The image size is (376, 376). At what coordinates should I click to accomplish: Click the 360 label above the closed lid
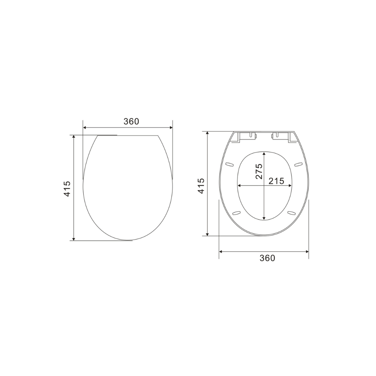[x=131, y=122]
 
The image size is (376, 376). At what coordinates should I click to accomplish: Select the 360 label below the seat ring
[x=267, y=258]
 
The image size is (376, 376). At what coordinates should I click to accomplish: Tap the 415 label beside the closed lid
[x=67, y=188]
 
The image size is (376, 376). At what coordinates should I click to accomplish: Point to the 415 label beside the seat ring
[x=201, y=186]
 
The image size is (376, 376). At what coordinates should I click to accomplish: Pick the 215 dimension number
[x=276, y=181]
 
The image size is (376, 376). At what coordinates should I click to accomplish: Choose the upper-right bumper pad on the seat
[x=298, y=164]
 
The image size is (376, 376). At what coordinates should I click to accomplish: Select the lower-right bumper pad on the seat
[x=291, y=213]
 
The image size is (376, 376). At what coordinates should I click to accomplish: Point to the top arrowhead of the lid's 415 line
[x=74, y=137]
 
